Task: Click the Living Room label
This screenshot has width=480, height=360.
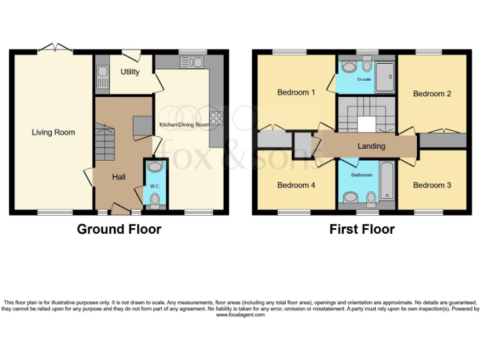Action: tap(54, 132)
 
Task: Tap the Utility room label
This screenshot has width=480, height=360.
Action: tap(130, 72)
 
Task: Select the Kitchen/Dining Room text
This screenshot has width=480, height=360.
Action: tap(184, 125)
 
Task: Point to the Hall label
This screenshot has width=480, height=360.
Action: tap(119, 177)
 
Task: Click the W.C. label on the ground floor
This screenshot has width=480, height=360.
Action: tap(154, 186)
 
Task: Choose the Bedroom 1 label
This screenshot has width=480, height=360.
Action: tap(296, 92)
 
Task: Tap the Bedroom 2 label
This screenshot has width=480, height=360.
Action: tap(432, 94)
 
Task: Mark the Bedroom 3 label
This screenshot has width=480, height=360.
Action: tap(432, 185)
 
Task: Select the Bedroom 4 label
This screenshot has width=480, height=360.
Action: tap(296, 185)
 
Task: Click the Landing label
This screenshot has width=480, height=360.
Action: tap(371, 146)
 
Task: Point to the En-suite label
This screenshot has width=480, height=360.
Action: tap(364, 80)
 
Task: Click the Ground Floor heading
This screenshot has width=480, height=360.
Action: tap(119, 229)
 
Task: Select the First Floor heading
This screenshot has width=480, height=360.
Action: tap(362, 229)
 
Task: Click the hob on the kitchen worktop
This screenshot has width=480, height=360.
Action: tap(216, 117)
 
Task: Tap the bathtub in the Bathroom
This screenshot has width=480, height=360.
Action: tap(387, 180)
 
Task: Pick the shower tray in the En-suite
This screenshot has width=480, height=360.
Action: tap(386, 77)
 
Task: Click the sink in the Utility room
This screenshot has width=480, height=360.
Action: tap(102, 77)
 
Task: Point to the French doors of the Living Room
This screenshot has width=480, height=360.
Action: tap(55, 47)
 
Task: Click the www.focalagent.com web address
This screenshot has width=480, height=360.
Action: tap(240, 315)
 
